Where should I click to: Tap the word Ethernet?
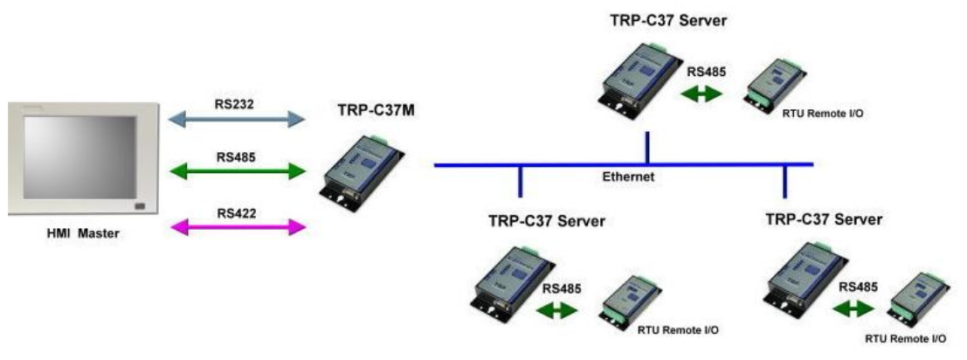(x=627, y=177)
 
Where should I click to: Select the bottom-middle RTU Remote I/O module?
(x=629, y=301)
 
